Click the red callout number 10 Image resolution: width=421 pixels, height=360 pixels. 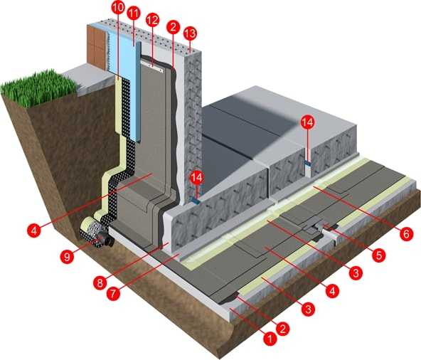(118, 7)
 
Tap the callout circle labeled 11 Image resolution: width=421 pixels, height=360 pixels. (134, 14)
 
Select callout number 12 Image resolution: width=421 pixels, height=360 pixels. (152, 20)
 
